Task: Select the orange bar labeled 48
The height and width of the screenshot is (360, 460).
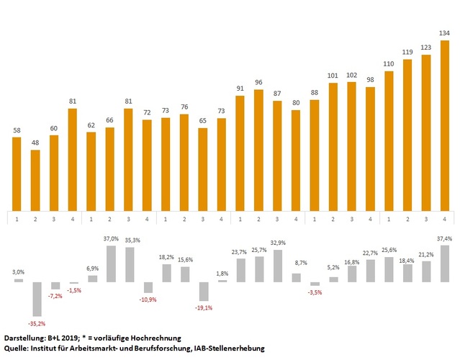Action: [x=35, y=180]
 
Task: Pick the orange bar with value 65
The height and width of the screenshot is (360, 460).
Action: [x=204, y=168]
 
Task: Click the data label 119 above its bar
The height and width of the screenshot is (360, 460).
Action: [x=408, y=53]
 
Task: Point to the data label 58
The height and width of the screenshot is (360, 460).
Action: [x=16, y=130]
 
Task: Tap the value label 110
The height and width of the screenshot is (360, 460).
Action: [x=389, y=64]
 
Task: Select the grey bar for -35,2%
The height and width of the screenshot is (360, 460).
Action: [x=35, y=299]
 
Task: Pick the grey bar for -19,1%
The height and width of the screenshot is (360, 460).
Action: [x=204, y=291]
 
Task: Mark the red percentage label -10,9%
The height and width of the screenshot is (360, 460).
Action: [x=147, y=299]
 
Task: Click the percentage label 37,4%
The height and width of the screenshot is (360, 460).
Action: [x=445, y=238]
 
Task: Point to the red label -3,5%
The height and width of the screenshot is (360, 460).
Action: [x=315, y=292]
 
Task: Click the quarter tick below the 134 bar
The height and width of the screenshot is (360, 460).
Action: [x=445, y=217]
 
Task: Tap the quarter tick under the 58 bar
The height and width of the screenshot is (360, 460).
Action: [x=16, y=217]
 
